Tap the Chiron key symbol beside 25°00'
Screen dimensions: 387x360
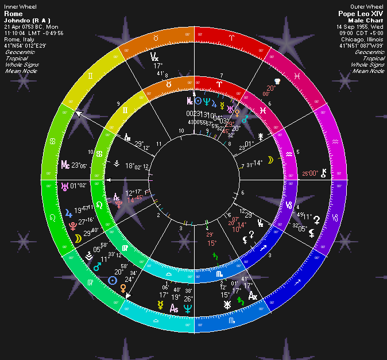click(325, 172)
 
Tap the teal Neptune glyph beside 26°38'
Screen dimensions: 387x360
click(188, 308)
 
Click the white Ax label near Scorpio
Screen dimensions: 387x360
click(253, 296)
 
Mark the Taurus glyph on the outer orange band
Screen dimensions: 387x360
click(154, 37)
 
